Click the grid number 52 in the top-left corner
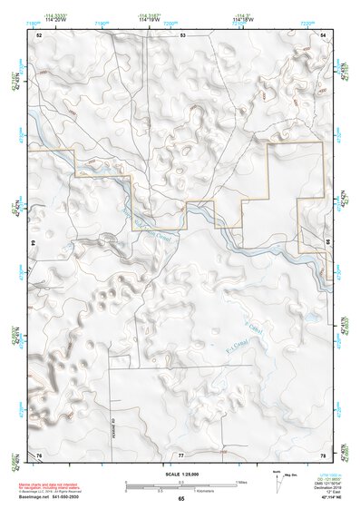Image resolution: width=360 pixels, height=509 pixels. point(39,34)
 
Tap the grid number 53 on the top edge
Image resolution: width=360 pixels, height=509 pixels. point(182,34)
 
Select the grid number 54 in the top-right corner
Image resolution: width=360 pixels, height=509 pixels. point(324,34)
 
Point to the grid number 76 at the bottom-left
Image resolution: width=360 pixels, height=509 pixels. point(39,453)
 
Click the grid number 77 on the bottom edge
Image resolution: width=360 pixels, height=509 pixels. point(181,453)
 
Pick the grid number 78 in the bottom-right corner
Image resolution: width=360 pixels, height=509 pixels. point(324,453)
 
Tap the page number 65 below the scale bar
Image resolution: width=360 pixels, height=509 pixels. point(181,499)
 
